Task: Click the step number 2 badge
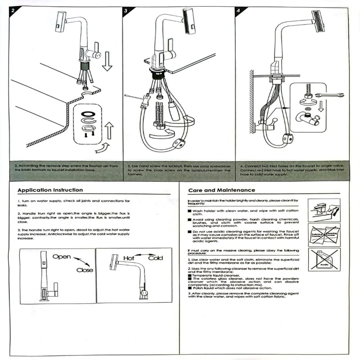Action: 13,10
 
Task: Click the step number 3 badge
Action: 126,10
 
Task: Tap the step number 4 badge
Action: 238,10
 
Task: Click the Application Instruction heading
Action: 50,190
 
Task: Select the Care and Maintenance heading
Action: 221,190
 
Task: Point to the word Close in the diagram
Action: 85,270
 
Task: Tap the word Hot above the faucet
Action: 129,258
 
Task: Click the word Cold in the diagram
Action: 156,258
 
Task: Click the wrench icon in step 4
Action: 329,95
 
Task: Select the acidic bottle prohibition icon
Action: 324,260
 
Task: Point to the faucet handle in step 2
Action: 96,49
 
